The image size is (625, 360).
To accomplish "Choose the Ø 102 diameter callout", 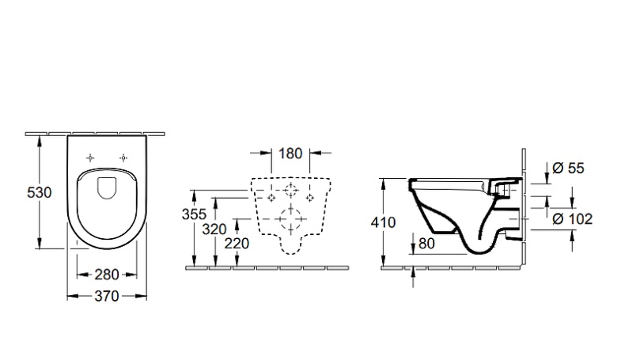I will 571,219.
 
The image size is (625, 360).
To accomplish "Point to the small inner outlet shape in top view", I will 107,187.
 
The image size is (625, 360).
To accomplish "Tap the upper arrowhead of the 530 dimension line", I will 40,138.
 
